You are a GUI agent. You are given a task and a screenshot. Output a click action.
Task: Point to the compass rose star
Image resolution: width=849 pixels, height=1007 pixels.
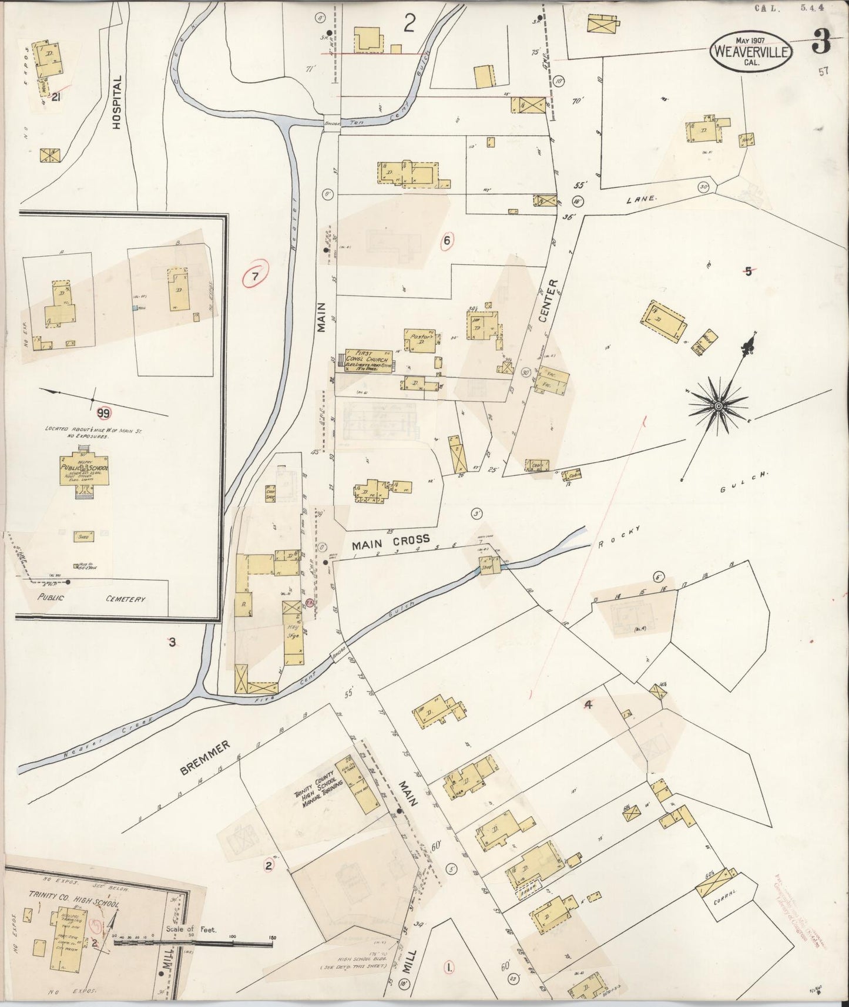(718, 406)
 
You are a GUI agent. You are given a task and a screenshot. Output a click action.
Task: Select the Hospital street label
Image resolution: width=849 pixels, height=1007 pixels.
(117, 102)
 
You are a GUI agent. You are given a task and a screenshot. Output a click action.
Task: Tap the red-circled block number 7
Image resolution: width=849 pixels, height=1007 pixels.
(256, 278)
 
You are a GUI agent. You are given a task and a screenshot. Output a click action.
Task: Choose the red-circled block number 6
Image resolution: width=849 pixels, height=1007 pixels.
(447, 240)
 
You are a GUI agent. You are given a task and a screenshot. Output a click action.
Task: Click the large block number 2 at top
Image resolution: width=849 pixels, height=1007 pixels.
(409, 24)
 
